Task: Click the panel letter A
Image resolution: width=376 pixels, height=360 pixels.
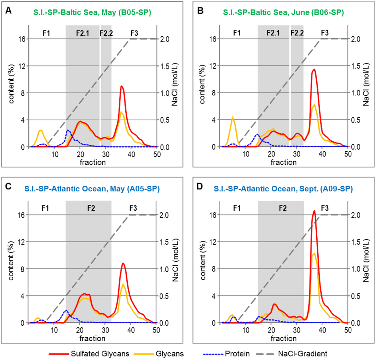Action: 8,12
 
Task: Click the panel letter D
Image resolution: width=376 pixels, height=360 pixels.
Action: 200,188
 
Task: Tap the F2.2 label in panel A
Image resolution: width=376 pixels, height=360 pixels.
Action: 106,33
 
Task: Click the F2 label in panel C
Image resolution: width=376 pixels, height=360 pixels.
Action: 91,208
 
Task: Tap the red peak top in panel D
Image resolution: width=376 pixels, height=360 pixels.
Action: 314,211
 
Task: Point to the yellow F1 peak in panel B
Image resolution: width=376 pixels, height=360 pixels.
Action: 232,117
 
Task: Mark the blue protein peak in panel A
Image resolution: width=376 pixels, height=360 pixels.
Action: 68,130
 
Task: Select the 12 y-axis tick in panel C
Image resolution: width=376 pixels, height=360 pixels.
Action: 22,242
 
